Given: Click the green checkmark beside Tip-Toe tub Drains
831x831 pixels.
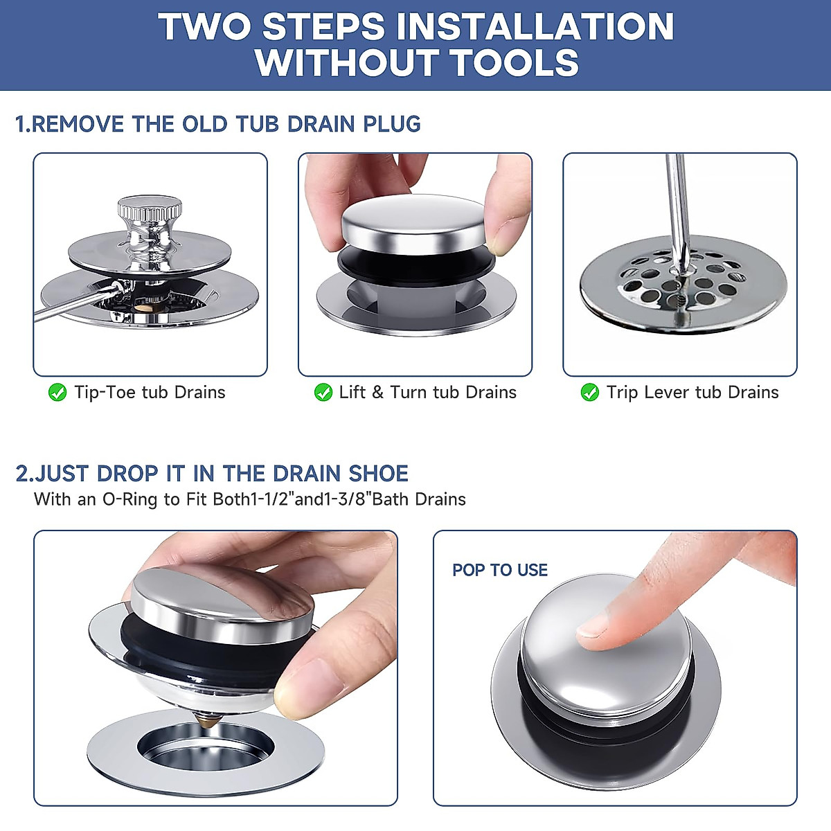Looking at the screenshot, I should [57, 393].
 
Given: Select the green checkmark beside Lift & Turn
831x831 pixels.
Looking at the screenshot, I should [323, 393].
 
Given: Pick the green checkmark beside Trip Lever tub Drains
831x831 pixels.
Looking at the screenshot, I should [589, 393].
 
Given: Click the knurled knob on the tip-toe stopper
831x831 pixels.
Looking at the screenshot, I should [149, 207].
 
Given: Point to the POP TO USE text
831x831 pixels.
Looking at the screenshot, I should [499, 570].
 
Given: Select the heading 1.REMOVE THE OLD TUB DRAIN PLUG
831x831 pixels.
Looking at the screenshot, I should [218, 124].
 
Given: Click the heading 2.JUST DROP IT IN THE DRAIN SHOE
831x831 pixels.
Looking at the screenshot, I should [212, 474].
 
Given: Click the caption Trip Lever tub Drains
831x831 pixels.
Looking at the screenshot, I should [692, 393].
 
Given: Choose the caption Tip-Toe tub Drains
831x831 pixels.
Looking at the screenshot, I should [150, 393].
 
